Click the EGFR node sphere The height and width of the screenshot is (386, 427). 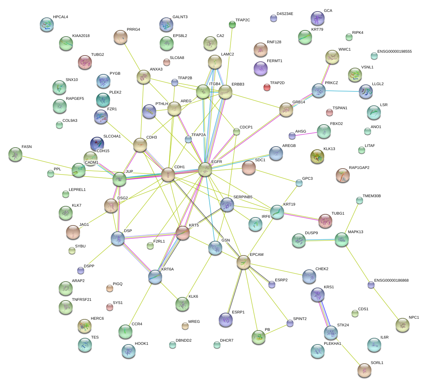pos(205,169)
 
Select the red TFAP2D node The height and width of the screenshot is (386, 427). pos(267,87)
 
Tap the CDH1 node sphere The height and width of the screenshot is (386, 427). pos(168,175)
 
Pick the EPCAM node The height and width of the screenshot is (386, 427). pos(243,262)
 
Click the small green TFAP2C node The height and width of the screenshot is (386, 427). pos(232,24)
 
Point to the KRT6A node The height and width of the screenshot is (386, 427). pos(155,276)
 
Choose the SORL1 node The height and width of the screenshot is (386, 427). pos(364,370)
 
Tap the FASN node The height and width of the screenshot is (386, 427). pos(15,154)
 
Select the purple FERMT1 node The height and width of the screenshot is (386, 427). pos(261,68)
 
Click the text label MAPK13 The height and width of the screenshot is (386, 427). pos(355,232)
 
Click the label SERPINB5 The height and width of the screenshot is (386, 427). pos(243,197)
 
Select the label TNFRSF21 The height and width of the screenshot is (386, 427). pos(82,300)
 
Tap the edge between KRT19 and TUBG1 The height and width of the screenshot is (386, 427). pos(301,216)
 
